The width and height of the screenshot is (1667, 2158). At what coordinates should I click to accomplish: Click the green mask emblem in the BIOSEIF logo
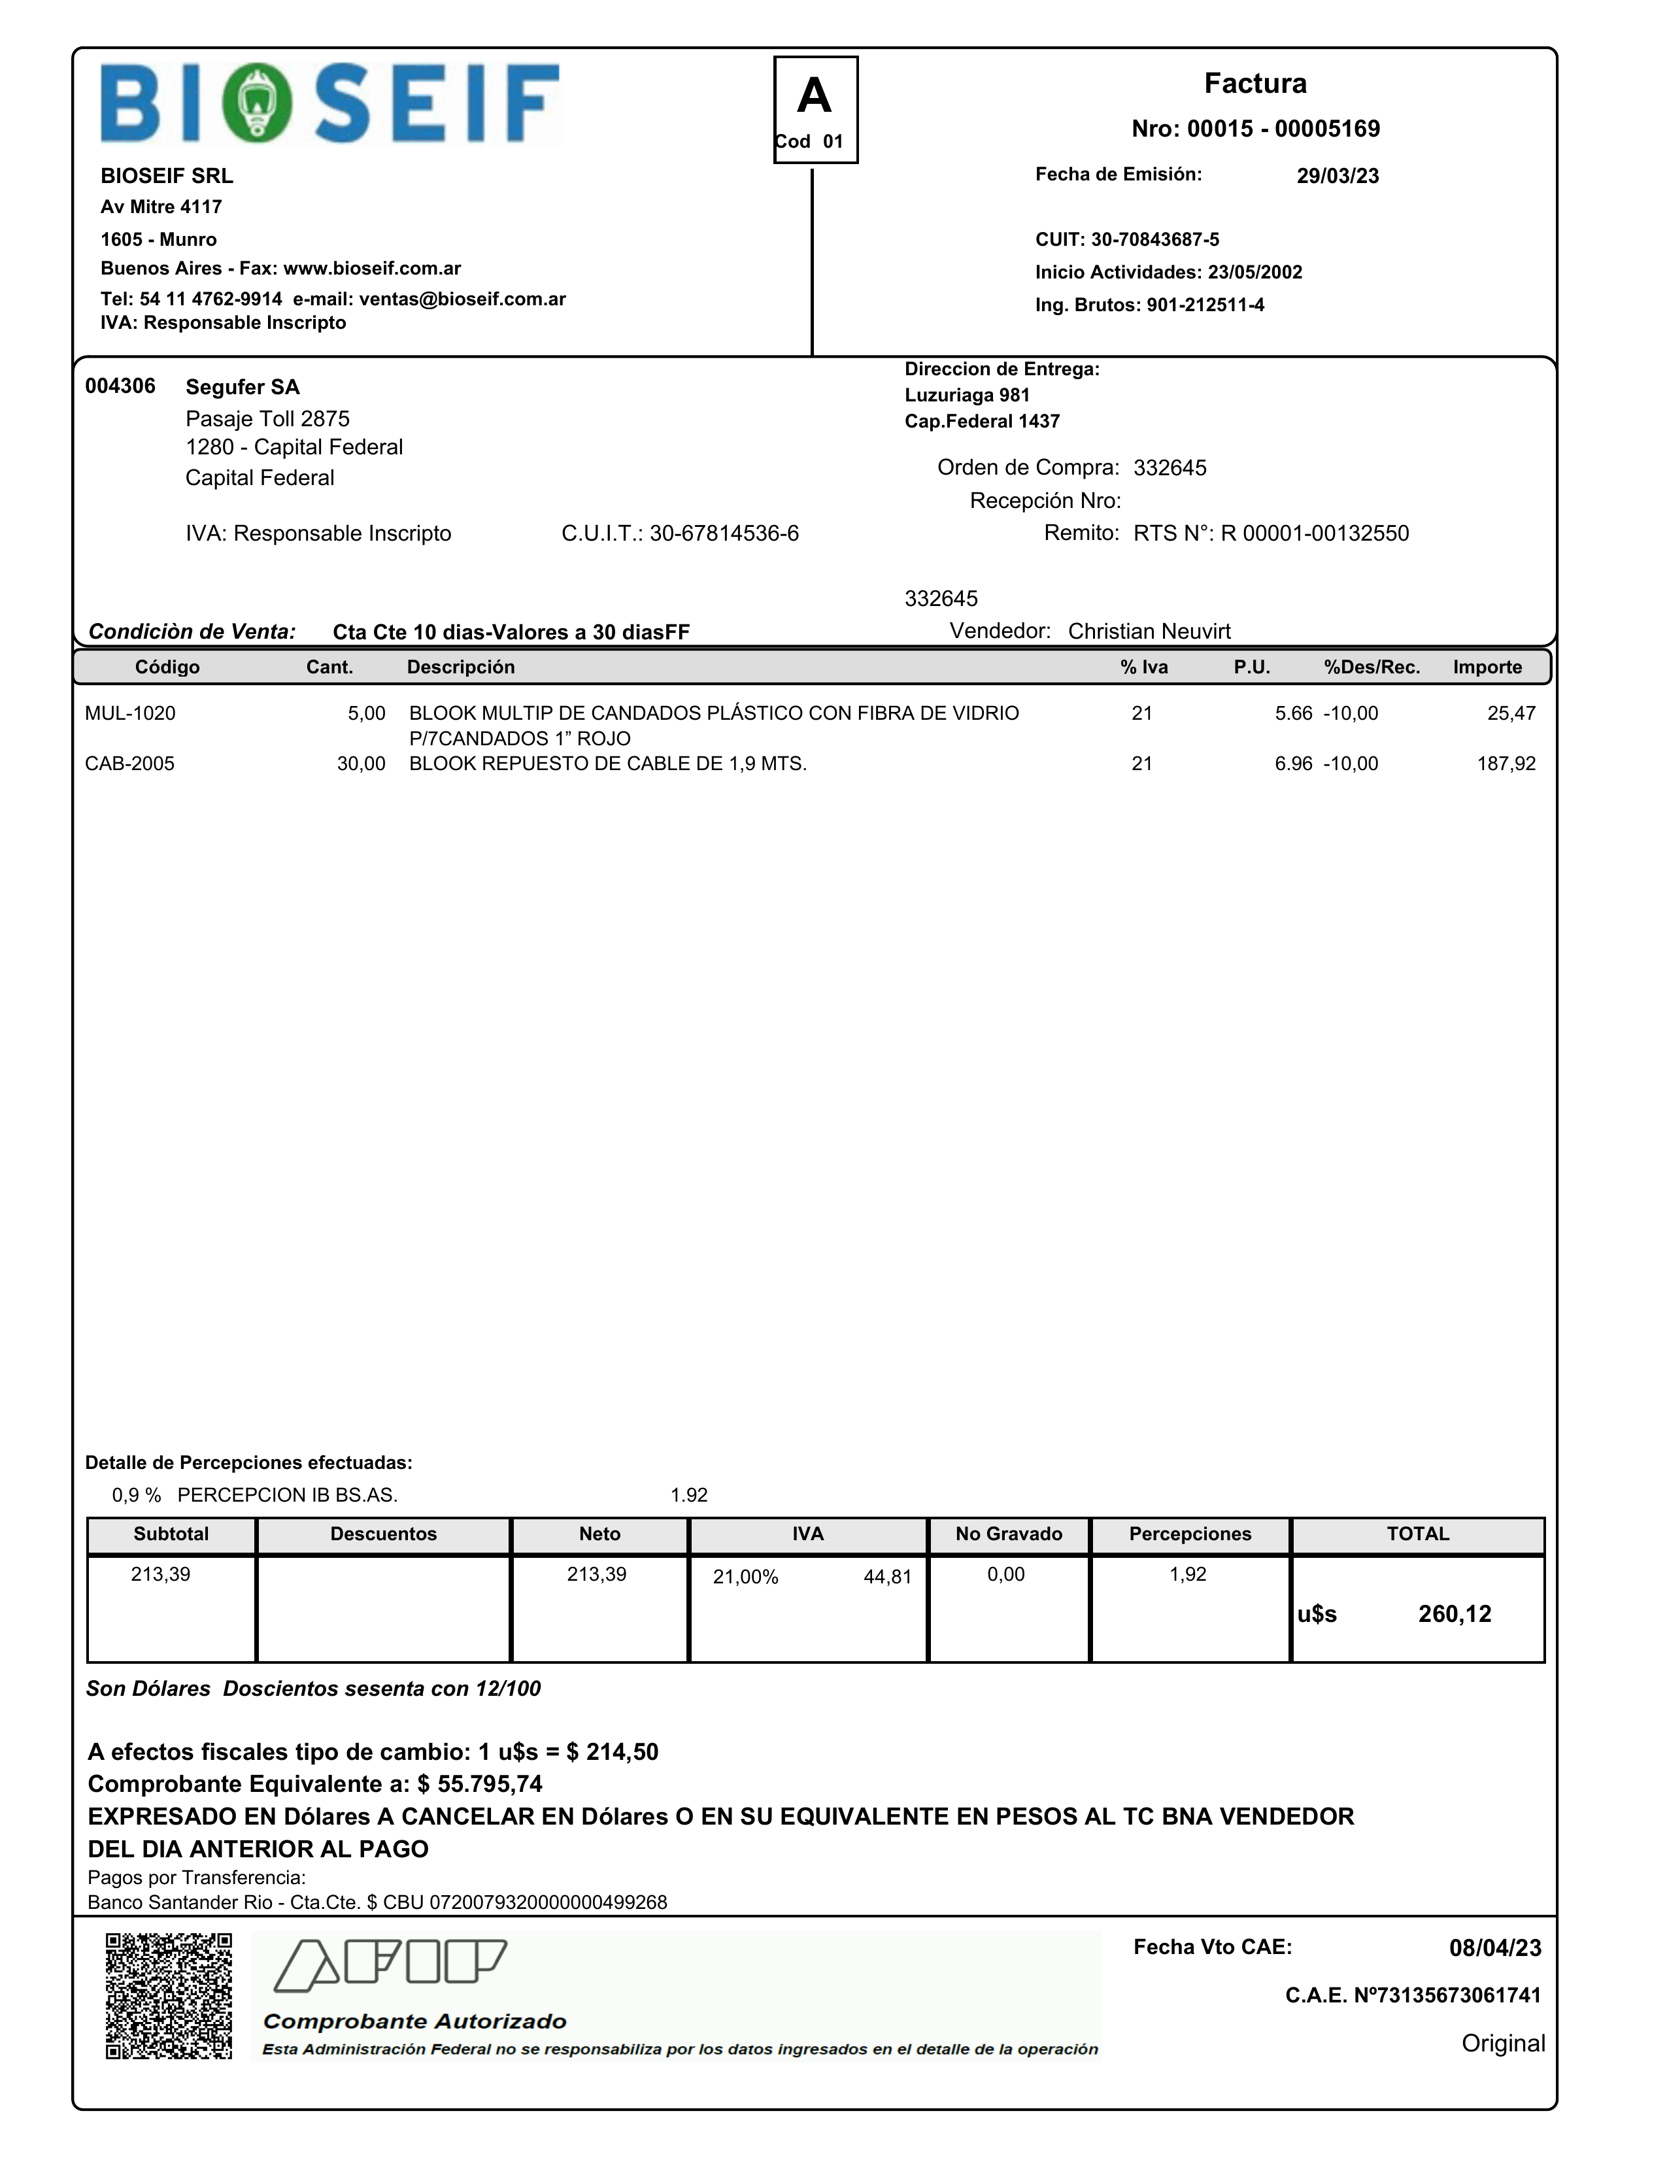click(257, 103)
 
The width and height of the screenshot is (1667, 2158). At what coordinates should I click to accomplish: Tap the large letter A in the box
click(815, 96)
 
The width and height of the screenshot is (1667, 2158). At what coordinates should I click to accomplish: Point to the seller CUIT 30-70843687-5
click(1154, 239)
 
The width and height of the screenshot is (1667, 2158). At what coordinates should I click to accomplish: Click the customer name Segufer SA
click(242, 387)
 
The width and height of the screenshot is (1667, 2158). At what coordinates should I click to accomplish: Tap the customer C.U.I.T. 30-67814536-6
click(723, 533)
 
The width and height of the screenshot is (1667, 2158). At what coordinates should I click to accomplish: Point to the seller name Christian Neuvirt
click(1149, 632)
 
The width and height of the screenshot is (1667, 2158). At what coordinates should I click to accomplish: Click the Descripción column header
click(460, 667)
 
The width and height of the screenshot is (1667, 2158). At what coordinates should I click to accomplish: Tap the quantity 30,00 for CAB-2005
click(361, 764)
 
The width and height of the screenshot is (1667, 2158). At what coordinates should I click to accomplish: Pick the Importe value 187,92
click(1506, 764)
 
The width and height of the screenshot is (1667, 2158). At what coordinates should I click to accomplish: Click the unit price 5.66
click(1292, 713)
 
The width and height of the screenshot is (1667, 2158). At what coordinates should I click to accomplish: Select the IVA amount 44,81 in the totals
click(887, 1577)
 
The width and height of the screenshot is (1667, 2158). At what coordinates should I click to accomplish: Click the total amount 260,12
click(1455, 1615)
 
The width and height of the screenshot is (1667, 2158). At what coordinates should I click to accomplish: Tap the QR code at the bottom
click(169, 1996)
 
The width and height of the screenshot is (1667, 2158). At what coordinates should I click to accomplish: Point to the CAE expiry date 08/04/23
click(1494, 1947)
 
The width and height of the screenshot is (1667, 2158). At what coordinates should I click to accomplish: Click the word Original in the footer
click(1502, 2044)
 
